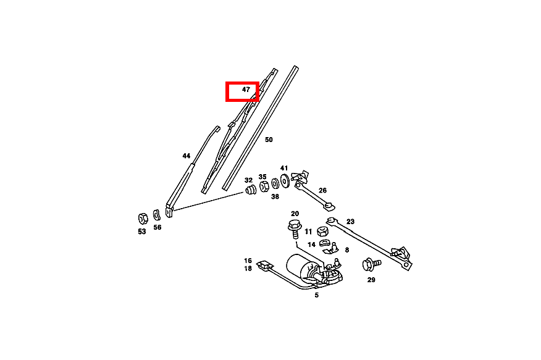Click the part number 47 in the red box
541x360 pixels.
point(246,90)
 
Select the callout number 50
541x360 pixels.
point(269,140)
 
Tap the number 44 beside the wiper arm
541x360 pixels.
point(187,156)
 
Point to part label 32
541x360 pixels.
point(248,180)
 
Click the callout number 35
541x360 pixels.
point(262,177)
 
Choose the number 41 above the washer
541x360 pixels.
point(284,168)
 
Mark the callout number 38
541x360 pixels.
point(275,197)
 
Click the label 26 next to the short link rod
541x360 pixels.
point(322,190)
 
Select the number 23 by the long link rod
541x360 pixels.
point(350,222)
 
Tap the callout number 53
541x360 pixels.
point(142,232)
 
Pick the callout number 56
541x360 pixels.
point(157,227)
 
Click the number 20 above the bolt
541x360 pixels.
point(295,214)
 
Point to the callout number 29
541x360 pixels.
point(371,280)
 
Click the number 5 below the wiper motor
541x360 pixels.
point(316,295)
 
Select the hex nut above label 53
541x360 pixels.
point(141,217)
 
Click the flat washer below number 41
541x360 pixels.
point(285,182)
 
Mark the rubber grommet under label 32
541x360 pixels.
point(251,190)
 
